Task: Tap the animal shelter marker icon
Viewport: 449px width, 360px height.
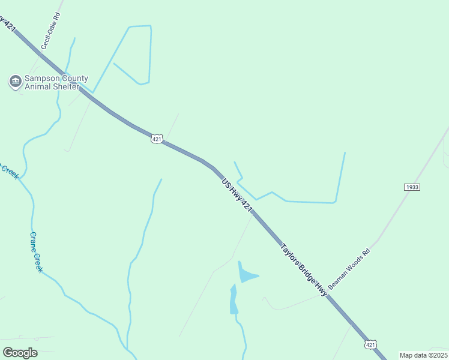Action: coord(15,81)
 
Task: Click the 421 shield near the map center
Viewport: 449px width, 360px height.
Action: coord(156,139)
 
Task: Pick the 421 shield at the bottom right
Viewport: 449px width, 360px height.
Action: coord(371,344)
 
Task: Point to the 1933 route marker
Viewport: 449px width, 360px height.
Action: coord(412,187)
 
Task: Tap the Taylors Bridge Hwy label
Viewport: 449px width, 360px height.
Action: coord(304,269)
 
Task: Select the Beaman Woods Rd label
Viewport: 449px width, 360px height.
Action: coord(350,268)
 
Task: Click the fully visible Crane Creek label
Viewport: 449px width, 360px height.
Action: coord(37,252)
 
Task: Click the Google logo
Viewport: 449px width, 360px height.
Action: coord(20,352)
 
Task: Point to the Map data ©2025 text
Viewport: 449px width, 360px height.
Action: coord(423,355)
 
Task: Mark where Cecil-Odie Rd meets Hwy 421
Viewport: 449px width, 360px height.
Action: coord(40,55)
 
